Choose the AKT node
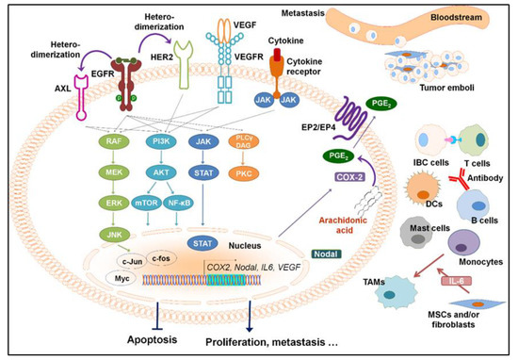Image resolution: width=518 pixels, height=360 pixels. coord(186,172)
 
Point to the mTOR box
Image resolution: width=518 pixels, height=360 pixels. coord(168,202)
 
